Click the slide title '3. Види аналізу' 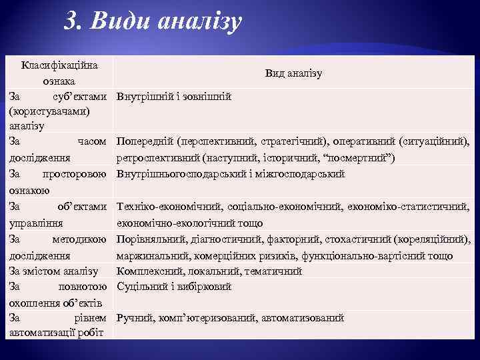(x=153, y=22)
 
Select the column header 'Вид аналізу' (x=293, y=73)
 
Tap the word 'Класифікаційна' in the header (x=59, y=65)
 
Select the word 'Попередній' (x=145, y=142)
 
